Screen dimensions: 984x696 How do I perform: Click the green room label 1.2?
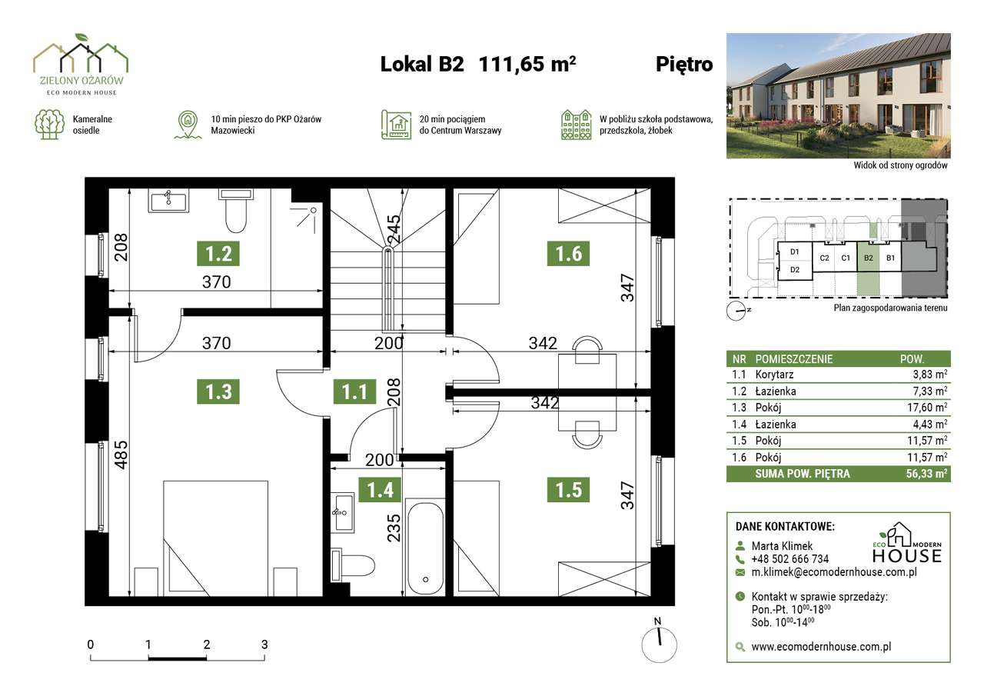pyautogui.click(x=218, y=254)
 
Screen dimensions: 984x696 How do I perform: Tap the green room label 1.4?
pyautogui.click(x=380, y=489)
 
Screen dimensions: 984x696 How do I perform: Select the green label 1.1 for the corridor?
pyautogui.click(x=354, y=391)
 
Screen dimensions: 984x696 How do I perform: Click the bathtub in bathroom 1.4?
pyautogui.click(x=425, y=547)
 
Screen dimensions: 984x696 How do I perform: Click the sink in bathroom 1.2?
pyautogui.click(x=168, y=201)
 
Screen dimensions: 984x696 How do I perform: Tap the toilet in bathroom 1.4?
pyautogui.click(x=352, y=565)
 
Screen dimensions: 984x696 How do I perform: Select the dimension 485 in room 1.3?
pyautogui.click(x=121, y=455)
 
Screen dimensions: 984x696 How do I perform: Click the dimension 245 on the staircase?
pyautogui.click(x=394, y=228)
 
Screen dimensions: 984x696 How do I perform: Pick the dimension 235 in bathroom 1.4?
pyautogui.click(x=394, y=528)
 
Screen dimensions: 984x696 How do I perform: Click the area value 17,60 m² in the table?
pyautogui.click(x=927, y=408)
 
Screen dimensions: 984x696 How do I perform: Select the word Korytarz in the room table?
pyautogui.click(x=774, y=375)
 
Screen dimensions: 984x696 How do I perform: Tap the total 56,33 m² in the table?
pyautogui.click(x=926, y=474)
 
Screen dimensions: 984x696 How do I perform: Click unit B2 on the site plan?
pyautogui.click(x=868, y=258)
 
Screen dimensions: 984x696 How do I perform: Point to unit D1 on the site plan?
pyautogui.click(x=794, y=251)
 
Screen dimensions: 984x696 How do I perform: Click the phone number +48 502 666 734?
pyautogui.click(x=790, y=559)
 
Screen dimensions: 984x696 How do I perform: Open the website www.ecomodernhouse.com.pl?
pyautogui.click(x=821, y=646)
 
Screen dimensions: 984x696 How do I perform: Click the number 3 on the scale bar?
pyautogui.click(x=264, y=644)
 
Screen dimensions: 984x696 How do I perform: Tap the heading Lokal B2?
pyautogui.click(x=422, y=64)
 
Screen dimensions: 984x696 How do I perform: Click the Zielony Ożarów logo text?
pyautogui.click(x=81, y=81)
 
